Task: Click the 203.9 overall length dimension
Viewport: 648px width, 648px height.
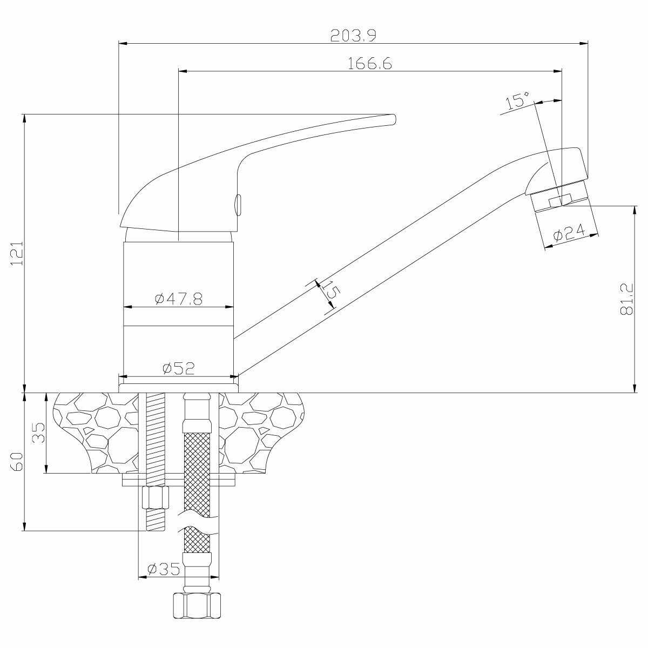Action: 353,35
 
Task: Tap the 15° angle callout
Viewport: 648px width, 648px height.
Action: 517,101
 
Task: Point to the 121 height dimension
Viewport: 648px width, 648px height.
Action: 17,253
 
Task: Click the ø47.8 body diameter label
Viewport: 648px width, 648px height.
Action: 178,299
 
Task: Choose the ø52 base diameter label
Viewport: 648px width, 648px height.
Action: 178,368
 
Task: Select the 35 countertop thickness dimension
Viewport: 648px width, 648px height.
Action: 38,433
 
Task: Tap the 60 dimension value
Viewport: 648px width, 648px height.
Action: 17,462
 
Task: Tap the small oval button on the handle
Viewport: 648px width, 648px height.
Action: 238,205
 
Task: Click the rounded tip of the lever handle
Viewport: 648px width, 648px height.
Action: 393,119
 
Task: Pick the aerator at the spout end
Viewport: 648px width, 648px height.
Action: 562,205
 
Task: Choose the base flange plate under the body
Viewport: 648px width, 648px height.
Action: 178,388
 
